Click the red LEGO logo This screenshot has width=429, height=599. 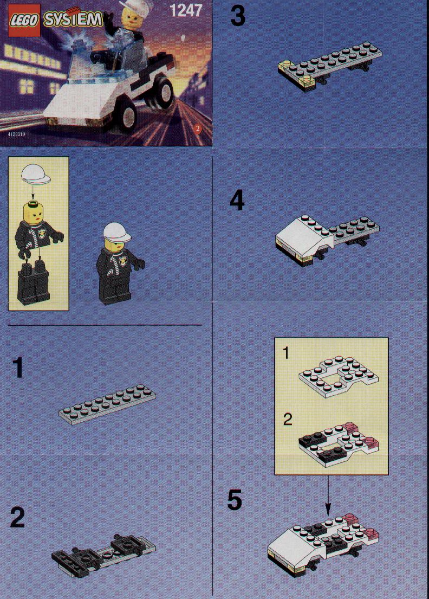(24, 20)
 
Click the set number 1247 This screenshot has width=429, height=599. (185, 11)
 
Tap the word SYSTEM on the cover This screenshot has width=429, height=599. (73, 19)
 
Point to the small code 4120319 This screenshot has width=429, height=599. (16, 134)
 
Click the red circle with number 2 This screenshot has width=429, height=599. (197, 128)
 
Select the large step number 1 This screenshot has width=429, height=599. (17, 368)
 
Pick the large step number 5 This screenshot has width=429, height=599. (235, 500)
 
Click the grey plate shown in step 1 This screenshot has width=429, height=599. (107, 404)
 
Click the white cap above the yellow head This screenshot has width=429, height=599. (36, 174)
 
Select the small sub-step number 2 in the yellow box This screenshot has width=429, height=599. (288, 419)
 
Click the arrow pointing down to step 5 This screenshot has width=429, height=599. (328, 494)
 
